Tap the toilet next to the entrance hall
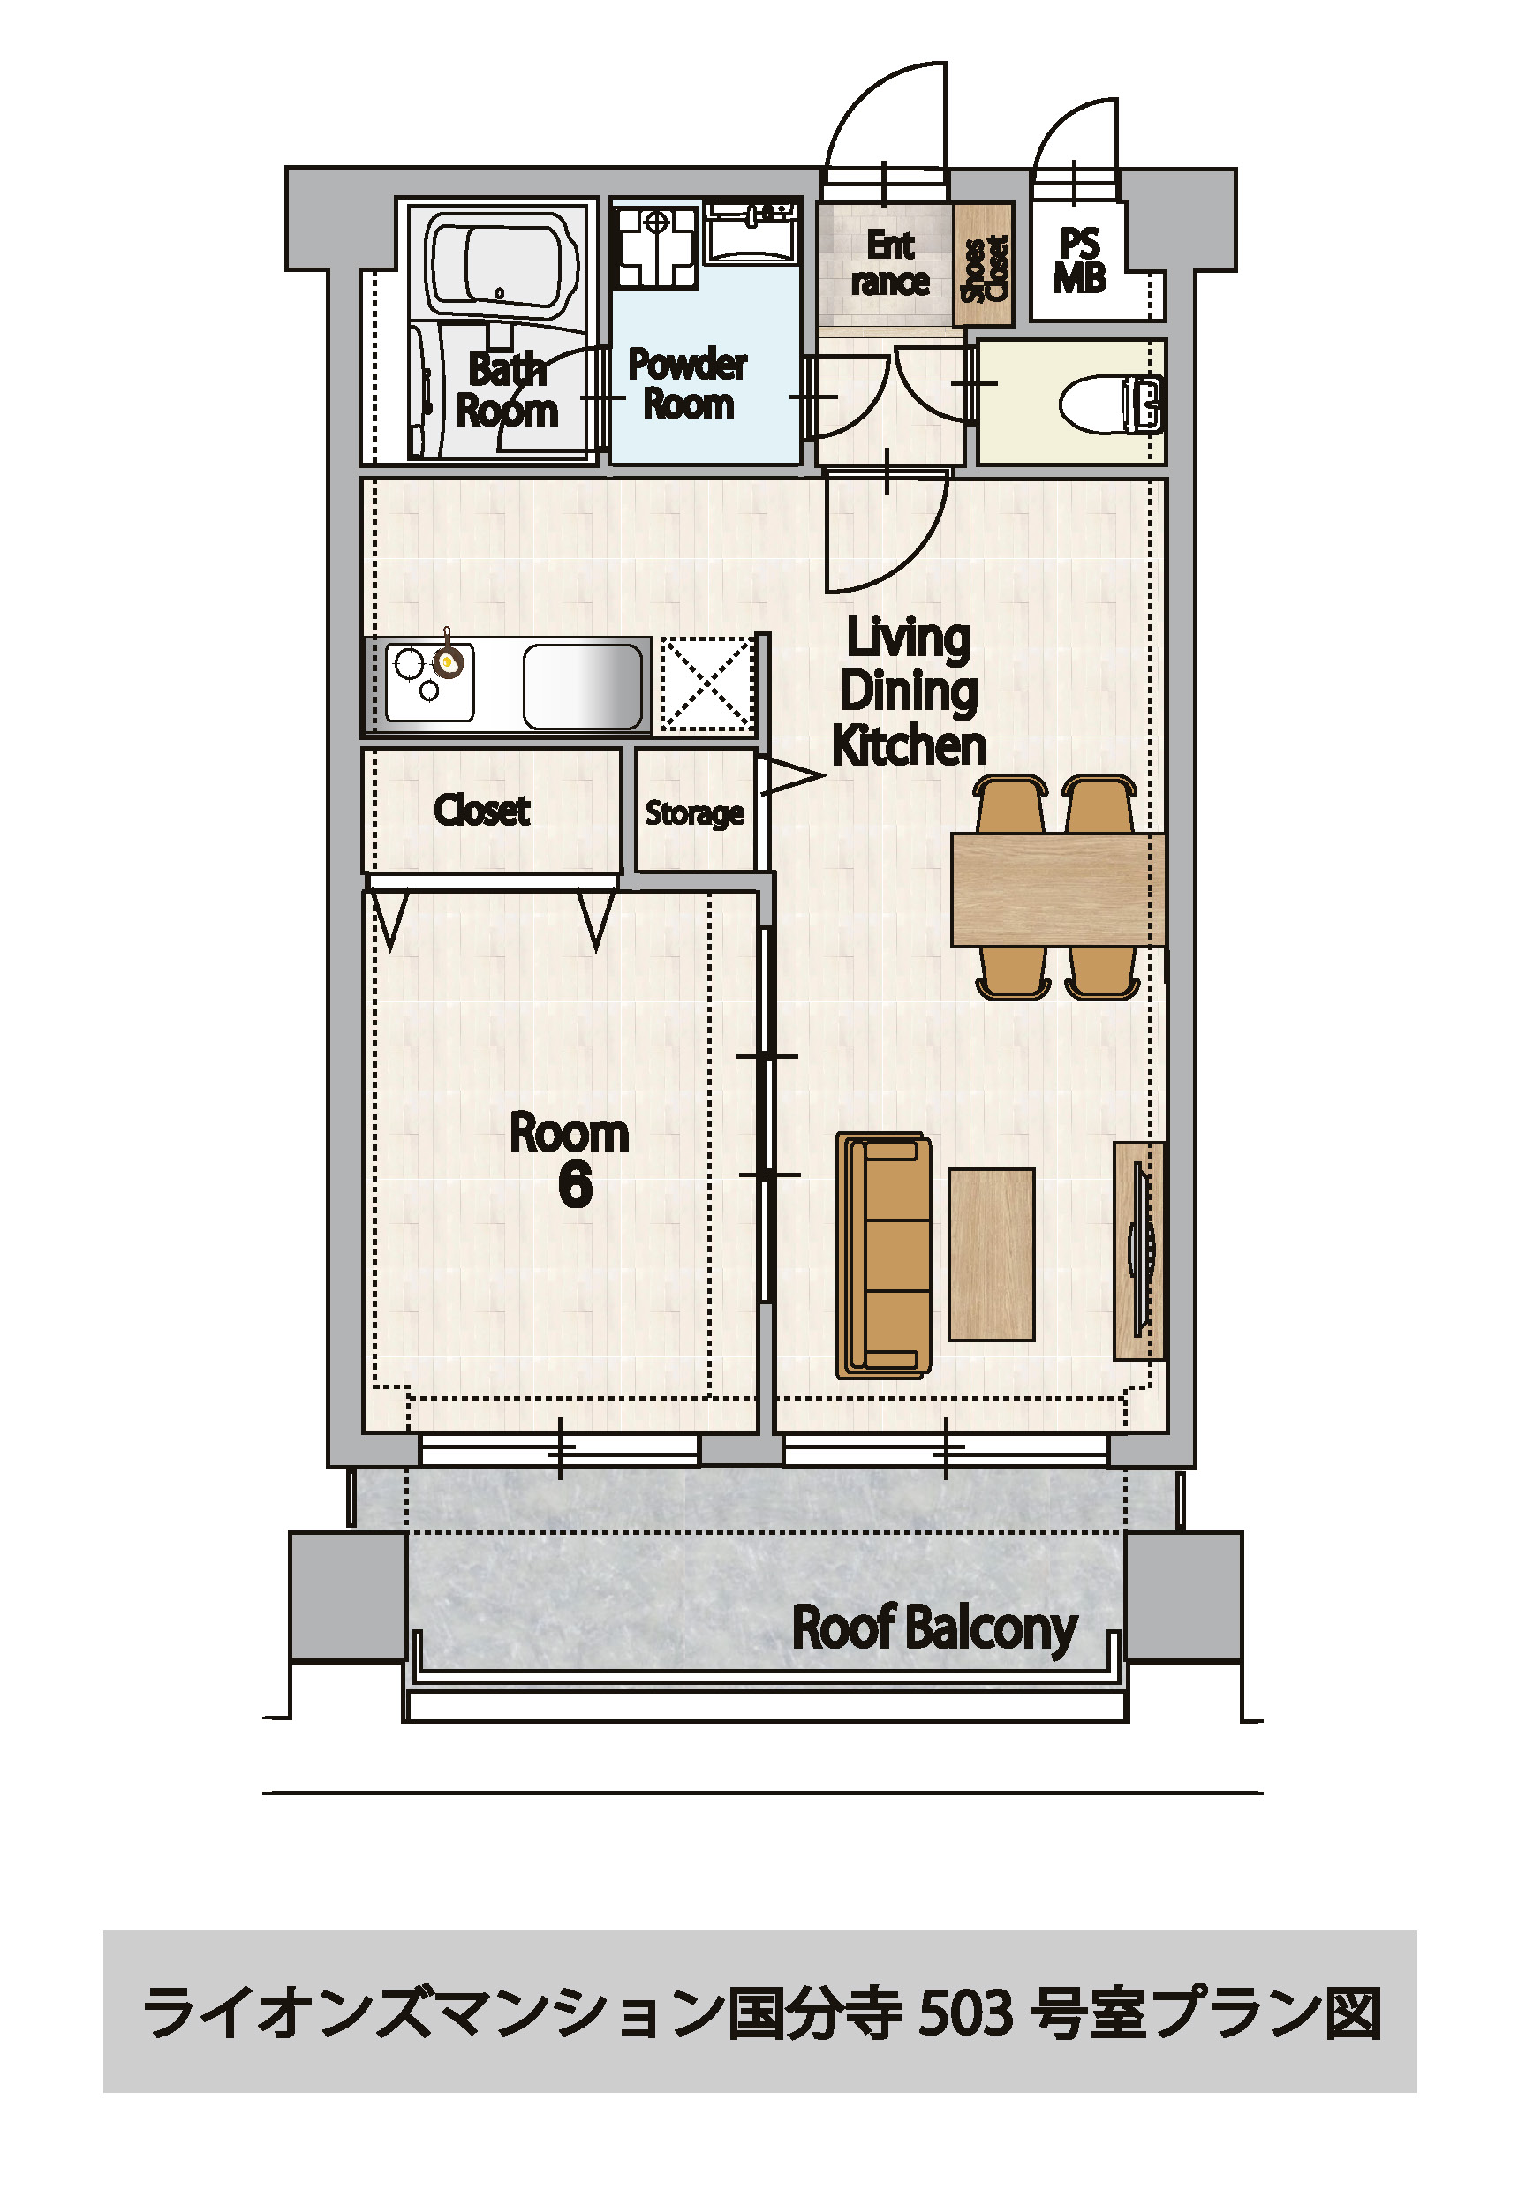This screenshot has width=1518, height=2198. coord(1112,404)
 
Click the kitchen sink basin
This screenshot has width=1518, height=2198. coord(582,687)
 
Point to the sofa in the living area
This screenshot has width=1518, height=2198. coord(884,1256)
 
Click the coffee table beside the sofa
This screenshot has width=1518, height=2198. coord(991,1255)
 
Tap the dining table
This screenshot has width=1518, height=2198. coord(1058,889)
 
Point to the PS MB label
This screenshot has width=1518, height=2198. coord(1079,261)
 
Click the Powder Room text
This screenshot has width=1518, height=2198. coord(688,383)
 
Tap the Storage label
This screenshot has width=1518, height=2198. coord(694,813)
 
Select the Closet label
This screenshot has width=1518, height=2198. coord(481,810)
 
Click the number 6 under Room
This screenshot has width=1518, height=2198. coord(575,1185)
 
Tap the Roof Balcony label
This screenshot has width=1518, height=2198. coord(935,1628)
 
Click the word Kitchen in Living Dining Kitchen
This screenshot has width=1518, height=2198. coord(910,745)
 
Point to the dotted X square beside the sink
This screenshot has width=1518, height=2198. coord(706,684)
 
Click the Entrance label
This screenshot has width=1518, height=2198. coord(889,263)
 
